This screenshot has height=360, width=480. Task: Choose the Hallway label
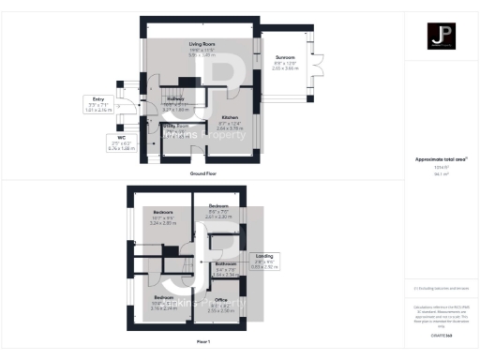[175, 98]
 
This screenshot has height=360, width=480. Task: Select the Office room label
[221, 300]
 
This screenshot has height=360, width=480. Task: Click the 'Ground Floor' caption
[203, 173]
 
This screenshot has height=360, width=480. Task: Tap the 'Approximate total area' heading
[441, 159]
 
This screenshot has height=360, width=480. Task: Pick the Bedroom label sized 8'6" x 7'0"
[218, 205]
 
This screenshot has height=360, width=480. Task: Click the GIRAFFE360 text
[441, 335]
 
